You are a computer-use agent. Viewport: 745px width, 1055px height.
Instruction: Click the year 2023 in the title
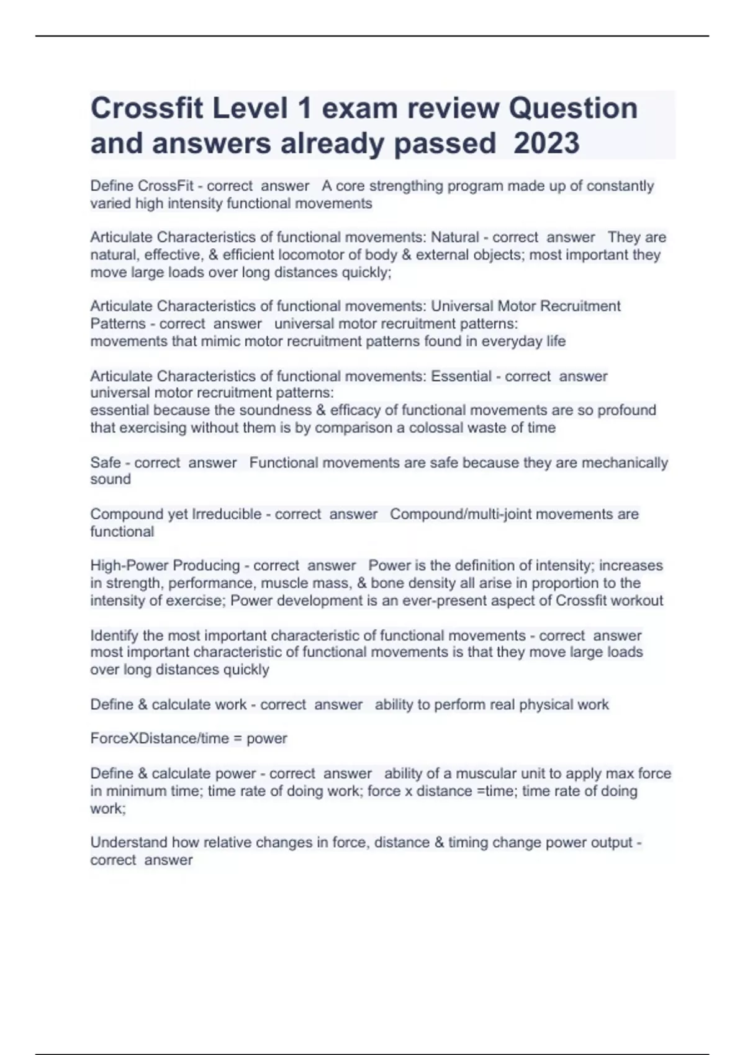tap(547, 143)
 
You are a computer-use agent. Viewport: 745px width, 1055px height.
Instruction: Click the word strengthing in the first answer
tap(405, 186)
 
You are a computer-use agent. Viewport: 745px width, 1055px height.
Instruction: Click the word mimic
tap(220, 341)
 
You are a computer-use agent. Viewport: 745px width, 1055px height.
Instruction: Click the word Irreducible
tap(227, 514)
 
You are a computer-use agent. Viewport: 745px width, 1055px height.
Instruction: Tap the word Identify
tap(114, 635)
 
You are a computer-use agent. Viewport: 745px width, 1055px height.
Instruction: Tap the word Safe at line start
tap(106, 462)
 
